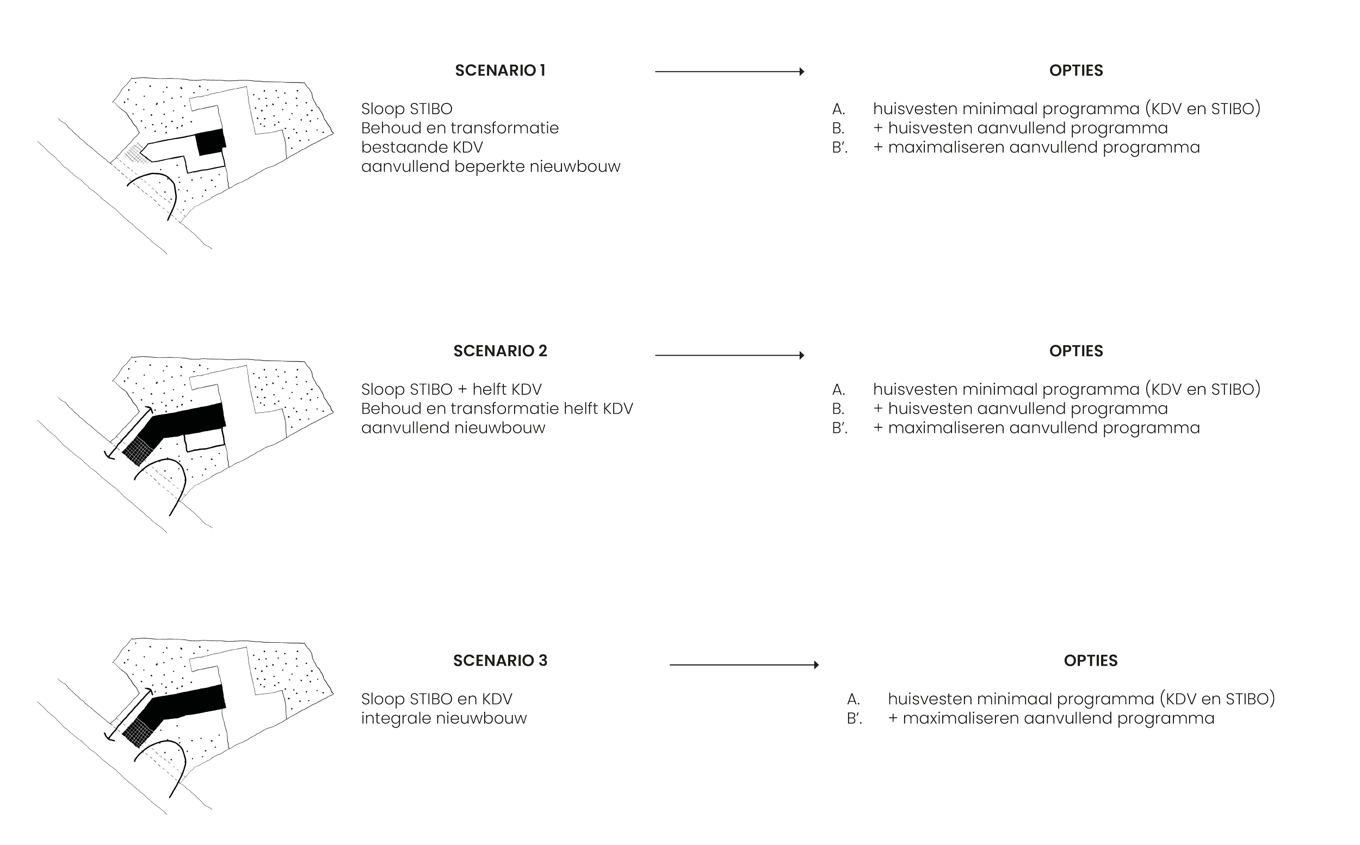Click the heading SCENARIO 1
click(500, 71)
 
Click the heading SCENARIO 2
click(500, 351)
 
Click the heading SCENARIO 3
click(500, 661)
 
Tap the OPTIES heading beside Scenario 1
click(1075, 71)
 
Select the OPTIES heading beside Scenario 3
click(1090, 661)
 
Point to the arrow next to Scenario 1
click(730, 72)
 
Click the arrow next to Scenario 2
click(730, 355)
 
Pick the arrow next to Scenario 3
click(744, 664)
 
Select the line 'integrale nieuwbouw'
click(444, 718)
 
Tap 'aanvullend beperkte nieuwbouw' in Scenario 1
click(490, 167)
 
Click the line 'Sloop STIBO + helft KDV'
click(451, 389)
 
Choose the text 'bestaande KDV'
click(422, 147)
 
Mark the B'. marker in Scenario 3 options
click(854, 719)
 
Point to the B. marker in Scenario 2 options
click(838, 409)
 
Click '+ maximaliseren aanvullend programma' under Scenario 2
click(1036, 428)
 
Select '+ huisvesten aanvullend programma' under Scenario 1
click(1020, 128)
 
